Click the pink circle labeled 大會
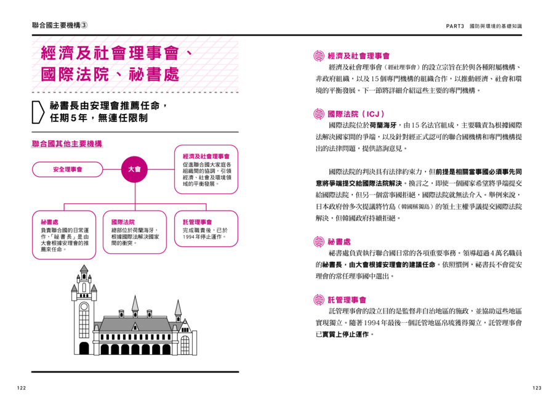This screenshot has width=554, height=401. [x=135, y=169]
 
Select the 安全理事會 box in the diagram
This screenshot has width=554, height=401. [x=68, y=169]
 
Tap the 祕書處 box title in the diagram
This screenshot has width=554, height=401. [x=49, y=222]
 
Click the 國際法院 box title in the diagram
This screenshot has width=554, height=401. [x=123, y=222]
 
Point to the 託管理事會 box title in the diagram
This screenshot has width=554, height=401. [x=197, y=222]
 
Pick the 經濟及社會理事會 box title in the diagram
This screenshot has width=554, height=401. [x=206, y=156]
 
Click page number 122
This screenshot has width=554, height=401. [x=22, y=388]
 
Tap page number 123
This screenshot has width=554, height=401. [x=537, y=388]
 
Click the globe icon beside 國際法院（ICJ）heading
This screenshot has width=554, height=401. [x=319, y=114]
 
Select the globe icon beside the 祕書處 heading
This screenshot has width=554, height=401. [x=319, y=242]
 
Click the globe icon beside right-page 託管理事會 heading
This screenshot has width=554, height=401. [x=319, y=300]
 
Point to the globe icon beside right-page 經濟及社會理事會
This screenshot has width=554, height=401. [x=319, y=56]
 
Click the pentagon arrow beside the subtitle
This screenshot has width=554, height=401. [x=38, y=112]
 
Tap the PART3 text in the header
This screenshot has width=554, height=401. [x=455, y=26]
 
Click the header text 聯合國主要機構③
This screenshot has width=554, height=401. [x=59, y=25]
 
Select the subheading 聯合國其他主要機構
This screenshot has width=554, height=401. [x=66, y=144]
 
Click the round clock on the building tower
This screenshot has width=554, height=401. [x=84, y=307]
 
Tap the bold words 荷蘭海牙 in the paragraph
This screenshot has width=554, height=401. [x=383, y=125]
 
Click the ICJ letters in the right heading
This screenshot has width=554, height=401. [x=373, y=114]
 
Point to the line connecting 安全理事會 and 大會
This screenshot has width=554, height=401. [x=112, y=169]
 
